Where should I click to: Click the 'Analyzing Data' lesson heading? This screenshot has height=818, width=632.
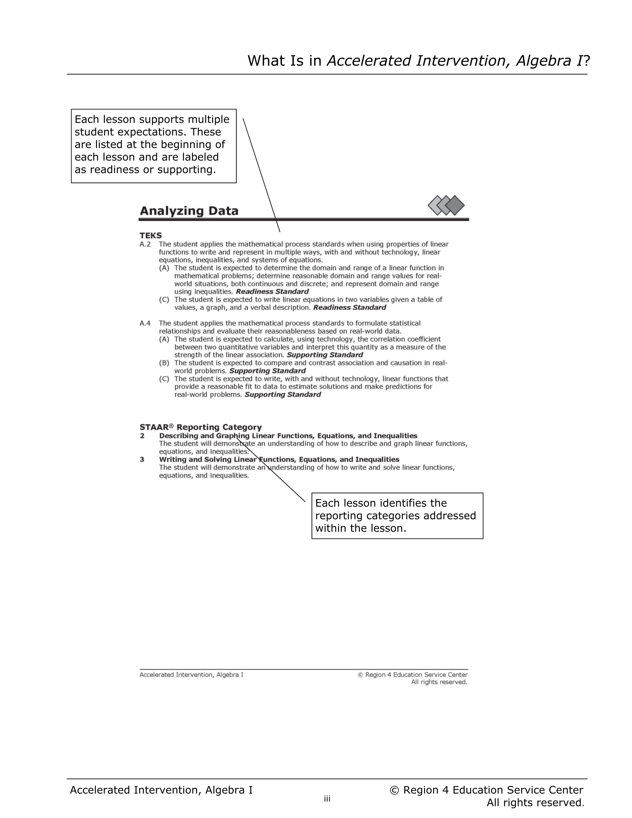(x=189, y=211)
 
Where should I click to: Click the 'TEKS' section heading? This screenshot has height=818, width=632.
(x=151, y=236)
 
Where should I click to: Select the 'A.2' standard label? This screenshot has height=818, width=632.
(x=145, y=244)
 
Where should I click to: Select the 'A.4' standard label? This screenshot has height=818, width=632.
(x=145, y=323)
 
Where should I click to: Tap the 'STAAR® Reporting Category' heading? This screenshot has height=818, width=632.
(x=201, y=427)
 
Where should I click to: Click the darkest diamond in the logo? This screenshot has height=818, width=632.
(x=455, y=205)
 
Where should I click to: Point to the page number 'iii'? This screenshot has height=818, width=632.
(x=327, y=799)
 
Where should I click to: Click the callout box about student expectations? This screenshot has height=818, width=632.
(x=154, y=146)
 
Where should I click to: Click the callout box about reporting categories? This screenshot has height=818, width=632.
(x=397, y=516)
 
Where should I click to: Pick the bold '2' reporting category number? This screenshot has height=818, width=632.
(x=142, y=436)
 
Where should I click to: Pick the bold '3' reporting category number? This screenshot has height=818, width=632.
(x=142, y=459)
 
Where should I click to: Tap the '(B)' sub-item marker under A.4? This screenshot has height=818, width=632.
(x=164, y=363)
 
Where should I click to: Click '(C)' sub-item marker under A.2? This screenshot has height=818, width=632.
(x=164, y=300)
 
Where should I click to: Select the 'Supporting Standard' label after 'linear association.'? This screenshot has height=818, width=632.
(x=325, y=355)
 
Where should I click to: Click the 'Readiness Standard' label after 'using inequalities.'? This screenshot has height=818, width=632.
(x=272, y=292)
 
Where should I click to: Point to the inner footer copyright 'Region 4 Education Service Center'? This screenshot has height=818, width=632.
(x=416, y=675)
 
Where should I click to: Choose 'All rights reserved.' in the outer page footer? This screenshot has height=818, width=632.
(x=535, y=803)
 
